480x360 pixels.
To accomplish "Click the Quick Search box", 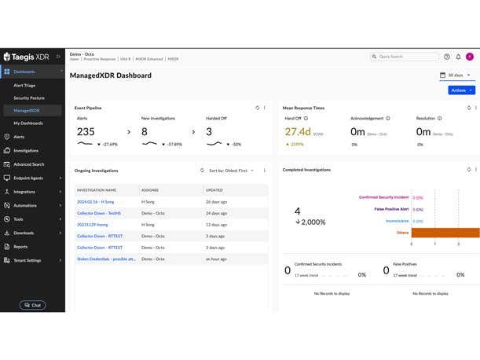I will tap(405, 57).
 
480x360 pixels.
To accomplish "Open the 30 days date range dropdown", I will tap(456, 75).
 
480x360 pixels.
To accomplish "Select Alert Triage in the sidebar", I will tap(24, 85).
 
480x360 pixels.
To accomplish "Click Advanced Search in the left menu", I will tap(28, 164).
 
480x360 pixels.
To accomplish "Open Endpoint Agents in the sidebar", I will tap(28, 178).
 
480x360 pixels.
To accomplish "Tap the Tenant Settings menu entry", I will tap(27, 260).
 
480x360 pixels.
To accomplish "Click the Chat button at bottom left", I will tap(32, 305).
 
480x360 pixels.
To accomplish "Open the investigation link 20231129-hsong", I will tap(92, 225).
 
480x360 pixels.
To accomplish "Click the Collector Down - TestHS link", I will tap(98, 213).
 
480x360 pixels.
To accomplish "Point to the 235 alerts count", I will tap(86, 132).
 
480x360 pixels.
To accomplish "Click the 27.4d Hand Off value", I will tap(299, 132).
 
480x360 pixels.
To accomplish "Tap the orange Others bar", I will tap(445, 233).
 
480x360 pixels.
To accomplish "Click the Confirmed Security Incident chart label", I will tap(384, 197).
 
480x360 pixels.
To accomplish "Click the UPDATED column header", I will tap(214, 190).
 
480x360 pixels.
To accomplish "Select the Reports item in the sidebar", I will tap(20, 247).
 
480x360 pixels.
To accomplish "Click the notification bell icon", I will tap(458, 57).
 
